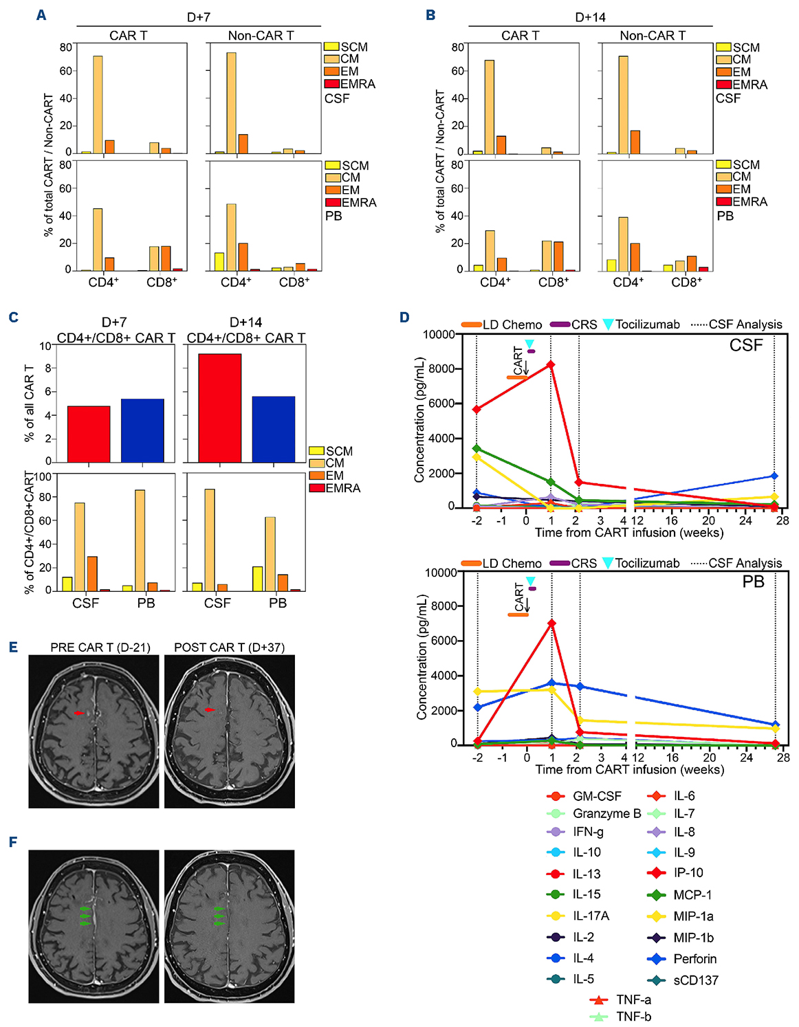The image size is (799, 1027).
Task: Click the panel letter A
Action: [x=41, y=14]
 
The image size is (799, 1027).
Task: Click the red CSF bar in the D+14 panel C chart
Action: [x=219, y=408]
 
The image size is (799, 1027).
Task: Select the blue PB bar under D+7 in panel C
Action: [x=142, y=430]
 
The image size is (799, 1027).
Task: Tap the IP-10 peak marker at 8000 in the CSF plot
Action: [x=551, y=365]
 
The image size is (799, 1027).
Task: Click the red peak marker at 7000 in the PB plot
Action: [x=551, y=623]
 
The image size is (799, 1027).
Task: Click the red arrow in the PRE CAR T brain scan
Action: [x=79, y=714]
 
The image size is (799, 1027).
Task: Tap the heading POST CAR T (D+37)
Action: [x=229, y=648]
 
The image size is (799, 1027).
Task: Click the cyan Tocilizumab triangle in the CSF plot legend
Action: [x=608, y=324]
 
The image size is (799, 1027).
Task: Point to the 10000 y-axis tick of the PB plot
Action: [x=441, y=572]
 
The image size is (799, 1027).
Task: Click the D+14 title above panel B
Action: [x=590, y=17]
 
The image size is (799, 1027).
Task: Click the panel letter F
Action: [x=13, y=842]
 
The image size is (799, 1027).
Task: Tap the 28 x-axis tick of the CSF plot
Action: [x=782, y=520]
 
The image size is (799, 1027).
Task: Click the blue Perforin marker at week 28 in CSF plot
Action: [x=774, y=476]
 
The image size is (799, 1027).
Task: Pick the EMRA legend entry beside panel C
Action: [x=334, y=488]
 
